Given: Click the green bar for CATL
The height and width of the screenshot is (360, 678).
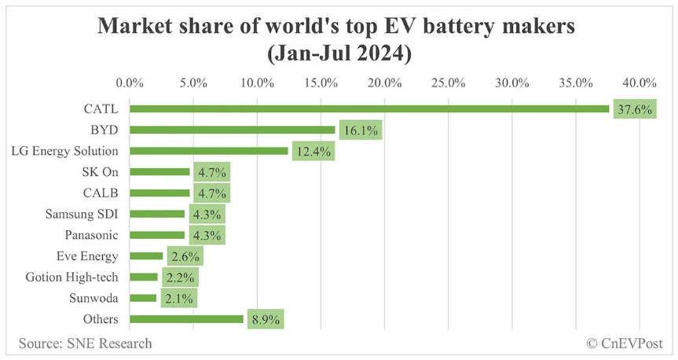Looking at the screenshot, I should pyautogui.click(x=369, y=108).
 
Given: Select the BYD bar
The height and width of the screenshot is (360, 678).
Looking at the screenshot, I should pyautogui.click(x=232, y=130).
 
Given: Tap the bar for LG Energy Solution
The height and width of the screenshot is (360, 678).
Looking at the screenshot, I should pyautogui.click(x=208, y=151).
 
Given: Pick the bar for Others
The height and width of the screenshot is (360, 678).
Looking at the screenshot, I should pyautogui.click(x=186, y=319).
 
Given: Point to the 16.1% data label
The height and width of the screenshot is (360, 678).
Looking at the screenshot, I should pyautogui.click(x=359, y=130).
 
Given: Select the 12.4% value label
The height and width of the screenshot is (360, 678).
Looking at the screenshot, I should pyautogui.click(x=312, y=152).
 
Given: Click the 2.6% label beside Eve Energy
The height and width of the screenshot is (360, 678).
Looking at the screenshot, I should pyautogui.click(x=184, y=256).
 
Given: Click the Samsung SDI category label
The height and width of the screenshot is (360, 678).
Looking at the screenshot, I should pyautogui.click(x=82, y=214).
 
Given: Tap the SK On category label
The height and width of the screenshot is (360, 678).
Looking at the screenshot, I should pyautogui.click(x=101, y=171).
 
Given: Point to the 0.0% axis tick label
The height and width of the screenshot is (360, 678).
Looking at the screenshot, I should pyautogui.click(x=130, y=83).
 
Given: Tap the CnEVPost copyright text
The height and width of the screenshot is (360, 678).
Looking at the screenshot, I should pyautogui.click(x=625, y=343).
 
